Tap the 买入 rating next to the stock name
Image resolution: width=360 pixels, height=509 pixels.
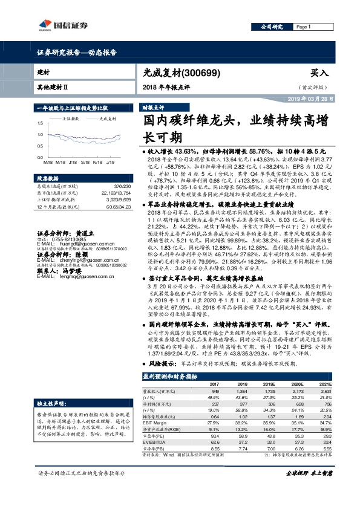[x=319, y=72]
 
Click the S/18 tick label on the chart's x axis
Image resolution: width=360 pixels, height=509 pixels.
[x=85, y=163]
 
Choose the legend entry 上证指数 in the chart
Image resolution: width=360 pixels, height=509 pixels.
[x=71, y=118]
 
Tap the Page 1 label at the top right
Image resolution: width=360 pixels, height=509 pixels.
[x=303, y=27]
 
